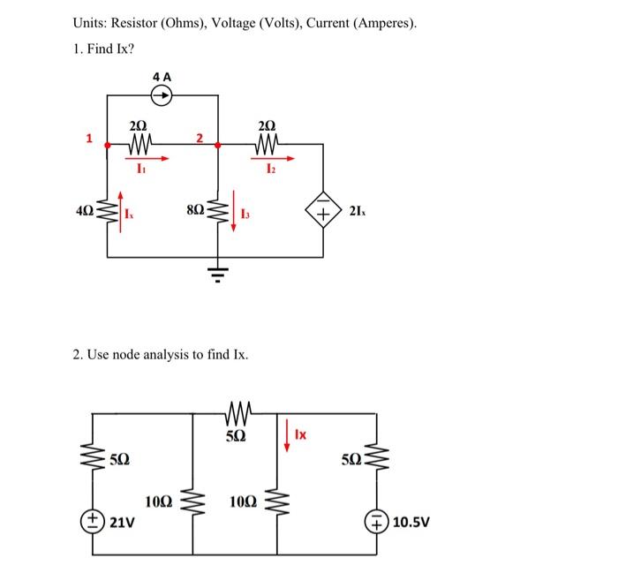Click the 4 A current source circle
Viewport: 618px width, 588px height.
tap(162, 96)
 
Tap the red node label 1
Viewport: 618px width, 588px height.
tap(88, 137)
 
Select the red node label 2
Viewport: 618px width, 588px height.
tap(200, 137)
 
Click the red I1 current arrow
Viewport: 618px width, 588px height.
tap(139, 159)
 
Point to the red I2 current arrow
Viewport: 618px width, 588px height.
tap(268, 159)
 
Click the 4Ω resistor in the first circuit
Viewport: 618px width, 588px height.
tap(108, 212)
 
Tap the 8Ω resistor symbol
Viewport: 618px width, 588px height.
tap(218, 211)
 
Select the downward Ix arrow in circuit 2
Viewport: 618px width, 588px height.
tap(288, 435)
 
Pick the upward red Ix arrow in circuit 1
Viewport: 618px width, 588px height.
tap(121, 212)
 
